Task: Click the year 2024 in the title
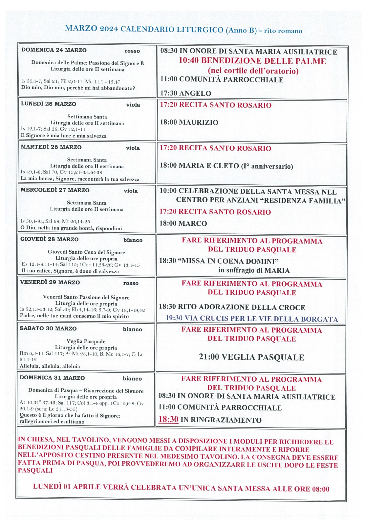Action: tap(109, 29)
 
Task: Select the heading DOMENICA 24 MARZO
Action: tap(54, 50)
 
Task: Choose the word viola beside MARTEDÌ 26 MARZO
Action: tap(133, 148)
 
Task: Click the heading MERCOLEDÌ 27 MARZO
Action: tap(55, 190)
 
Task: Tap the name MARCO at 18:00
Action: tap(193, 223)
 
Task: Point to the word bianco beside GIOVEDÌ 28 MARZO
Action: tap(133, 240)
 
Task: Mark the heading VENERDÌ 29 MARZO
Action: tap(50, 282)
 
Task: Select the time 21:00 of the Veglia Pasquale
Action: tap(209, 357)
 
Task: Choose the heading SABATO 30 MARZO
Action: tap(48, 328)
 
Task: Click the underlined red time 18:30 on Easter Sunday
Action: tap(168, 419)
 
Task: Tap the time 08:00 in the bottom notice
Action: tap(320, 489)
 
